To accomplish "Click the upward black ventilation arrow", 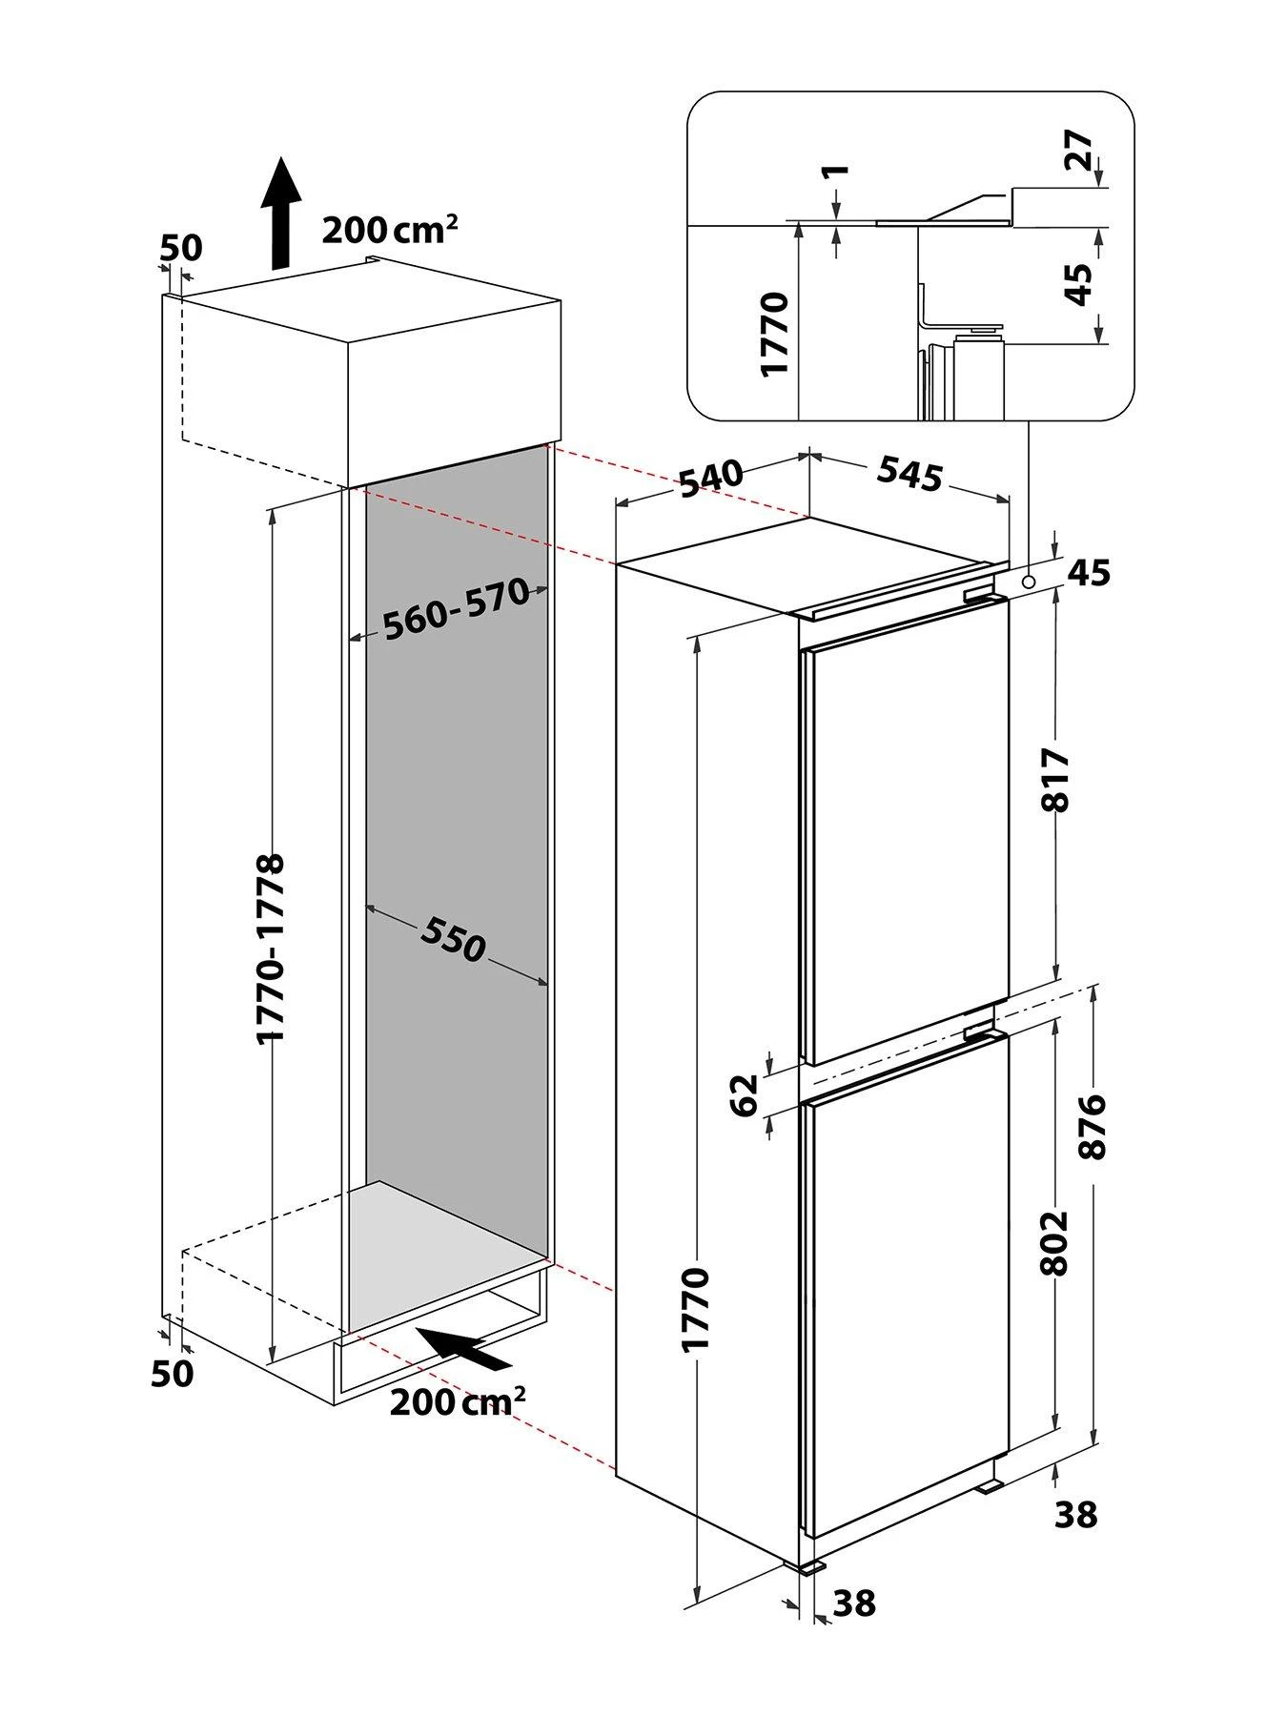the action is point(280,214).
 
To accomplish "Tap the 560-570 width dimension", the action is point(456,608).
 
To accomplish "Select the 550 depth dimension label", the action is point(454,938).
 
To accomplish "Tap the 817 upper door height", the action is point(1056,779).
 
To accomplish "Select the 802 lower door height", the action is point(1056,1242).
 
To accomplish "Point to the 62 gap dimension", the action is point(745,1093).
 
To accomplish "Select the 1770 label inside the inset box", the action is point(776,334).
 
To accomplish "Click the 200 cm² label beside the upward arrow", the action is point(390,229).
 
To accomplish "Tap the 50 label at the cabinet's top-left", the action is point(181,248).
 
